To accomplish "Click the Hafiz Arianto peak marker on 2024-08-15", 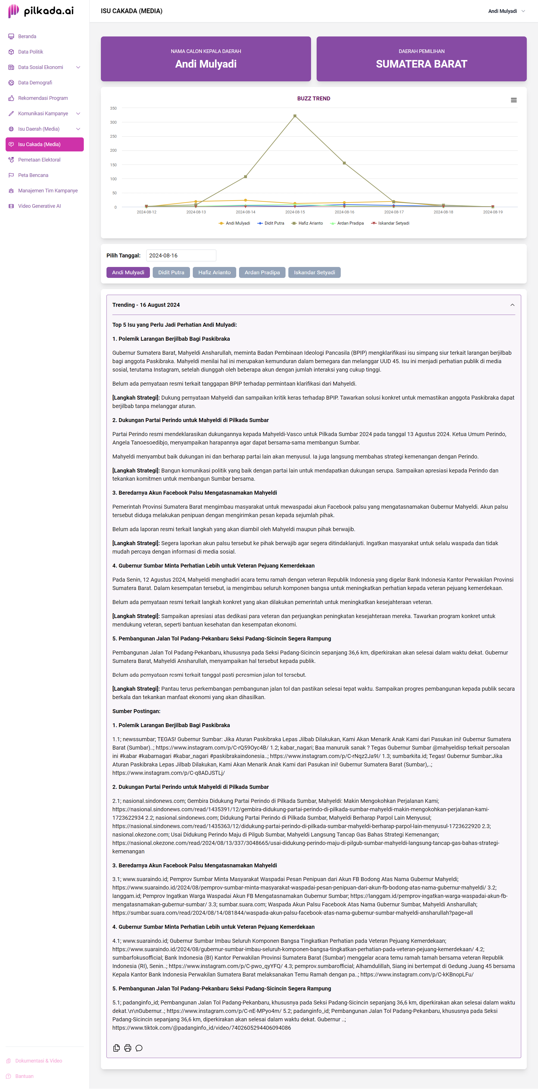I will tap(295, 116).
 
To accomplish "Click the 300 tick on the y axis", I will tap(113, 122).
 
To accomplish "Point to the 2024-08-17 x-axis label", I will tap(394, 212).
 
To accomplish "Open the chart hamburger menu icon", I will tap(513, 100).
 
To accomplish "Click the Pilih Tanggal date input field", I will tap(181, 255).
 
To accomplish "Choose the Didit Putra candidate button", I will tap(171, 273).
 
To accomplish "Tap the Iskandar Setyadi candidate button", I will tap(314, 273).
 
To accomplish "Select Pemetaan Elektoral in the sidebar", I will tap(39, 160).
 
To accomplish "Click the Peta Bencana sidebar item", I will tap(33, 175).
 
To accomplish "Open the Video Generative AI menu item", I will tap(39, 206).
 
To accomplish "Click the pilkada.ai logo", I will tap(41, 11).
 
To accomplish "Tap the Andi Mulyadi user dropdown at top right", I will tap(506, 11).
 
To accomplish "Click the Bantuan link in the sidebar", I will tap(24, 1076).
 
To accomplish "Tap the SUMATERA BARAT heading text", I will tap(421, 64).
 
